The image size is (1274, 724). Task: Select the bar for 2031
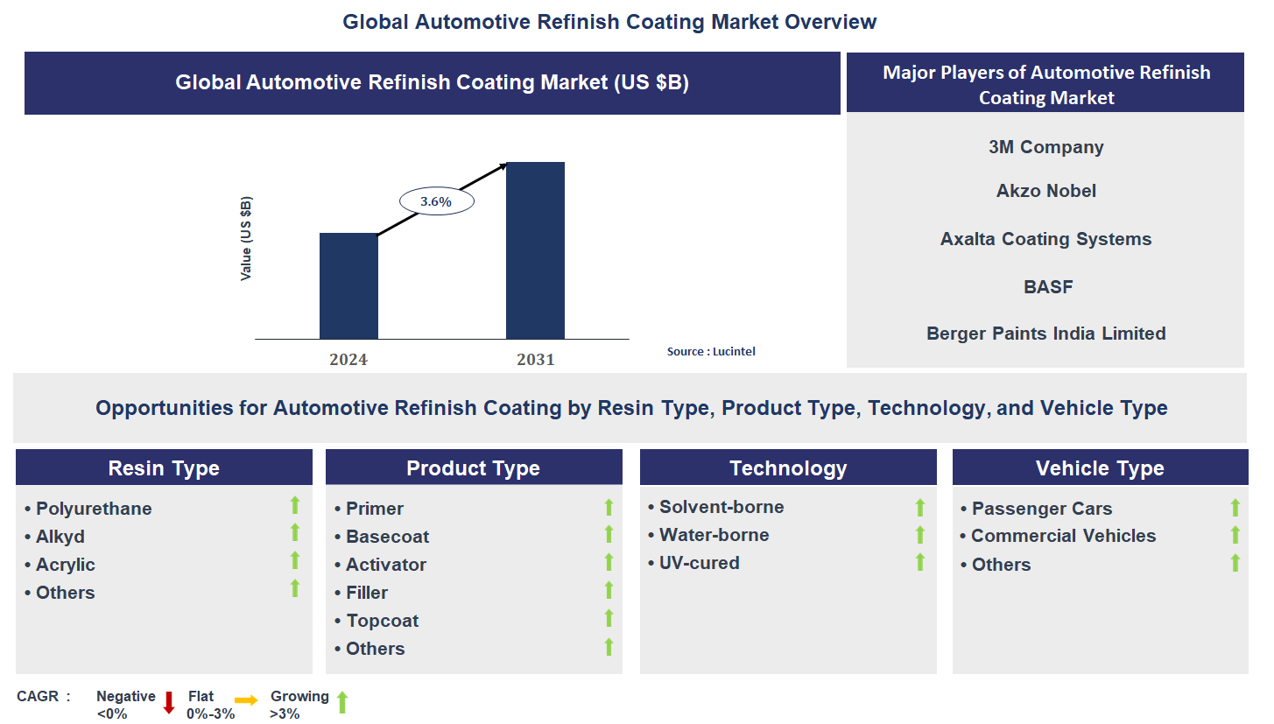pyautogui.click(x=535, y=250)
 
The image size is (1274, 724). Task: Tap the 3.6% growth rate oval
pyautogui.click(x=436, y=201)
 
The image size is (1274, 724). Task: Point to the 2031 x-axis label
pyautogui.click(x=535, y=359)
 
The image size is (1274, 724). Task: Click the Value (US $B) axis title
pyautogui.click(x=246, y=239)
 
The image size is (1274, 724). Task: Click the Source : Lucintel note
pyautogui.click(x=711, y=351)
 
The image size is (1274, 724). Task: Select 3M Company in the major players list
pyautogui.click(x=1045, y=147)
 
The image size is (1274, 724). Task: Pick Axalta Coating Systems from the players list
pyautogui.click(x=1045, y=239)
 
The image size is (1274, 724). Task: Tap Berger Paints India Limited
pyautogui.click(x=1045, y=334)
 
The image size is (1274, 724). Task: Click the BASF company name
pyautogui.click(x=1047, y=287)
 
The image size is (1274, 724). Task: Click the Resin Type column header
pyautogui.click(x=164, y=468)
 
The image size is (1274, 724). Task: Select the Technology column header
pyautogui.click(x=788, y=468)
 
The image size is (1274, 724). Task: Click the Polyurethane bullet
pyautogui.click(x=93, y=509)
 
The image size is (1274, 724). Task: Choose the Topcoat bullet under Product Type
pyautogui.click(x=382, y=621)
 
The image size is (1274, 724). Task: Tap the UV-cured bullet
pyautogui.click(x=699, y=563)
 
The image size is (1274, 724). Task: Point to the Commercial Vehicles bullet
pyautogui.click(x=1063, y=536)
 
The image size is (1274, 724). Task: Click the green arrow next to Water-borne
pyautogui.click(x=919, y=535)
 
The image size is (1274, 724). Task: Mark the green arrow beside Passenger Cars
pyautogui.click(x=1235, y=508)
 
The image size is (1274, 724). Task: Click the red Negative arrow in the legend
pyautogui.click(x=169, y=702)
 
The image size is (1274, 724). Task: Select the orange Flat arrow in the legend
pyautogui.click(x=246, y=700)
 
